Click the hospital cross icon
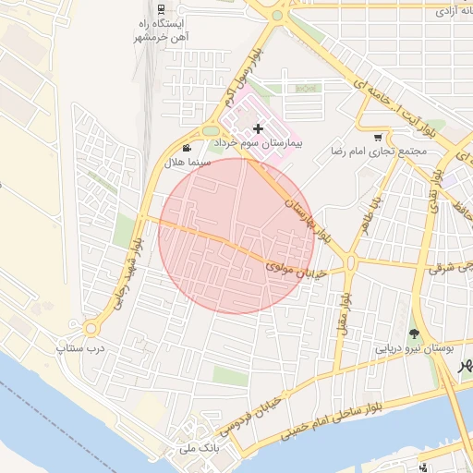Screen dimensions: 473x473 tap(258, 128)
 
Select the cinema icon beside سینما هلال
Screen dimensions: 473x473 tap(188, 148)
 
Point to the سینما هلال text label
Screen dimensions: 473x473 tap(188, 162)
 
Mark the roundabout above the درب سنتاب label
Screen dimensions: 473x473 tap(91, 328)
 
